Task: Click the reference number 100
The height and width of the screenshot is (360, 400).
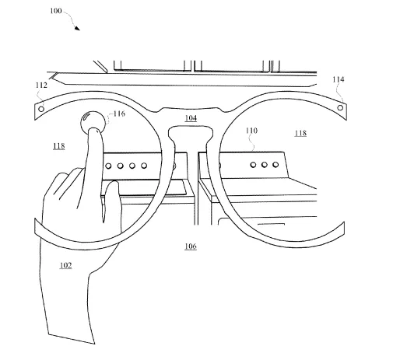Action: pos(56,11)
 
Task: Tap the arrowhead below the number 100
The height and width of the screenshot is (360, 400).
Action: pos(77,28)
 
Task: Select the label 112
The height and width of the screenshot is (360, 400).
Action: pos(41,86)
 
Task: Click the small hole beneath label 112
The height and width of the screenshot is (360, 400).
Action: pos(41,109)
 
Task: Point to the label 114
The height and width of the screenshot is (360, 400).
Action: pos(339,79)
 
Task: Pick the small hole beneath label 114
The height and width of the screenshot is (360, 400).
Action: pos(340,107)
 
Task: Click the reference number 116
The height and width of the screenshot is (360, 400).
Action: pos(119,114)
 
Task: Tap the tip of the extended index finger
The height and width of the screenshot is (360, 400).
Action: pos(94,129)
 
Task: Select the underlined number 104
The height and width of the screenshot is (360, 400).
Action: pos(191,118)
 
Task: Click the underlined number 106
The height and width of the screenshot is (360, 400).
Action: pos(191,246)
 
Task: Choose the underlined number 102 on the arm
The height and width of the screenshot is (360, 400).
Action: pos(65,265)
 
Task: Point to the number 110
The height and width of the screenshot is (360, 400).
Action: pos(251,131)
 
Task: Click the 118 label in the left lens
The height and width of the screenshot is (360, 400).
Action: pos(59,146)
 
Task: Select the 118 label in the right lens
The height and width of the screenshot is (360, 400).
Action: pos(300,133)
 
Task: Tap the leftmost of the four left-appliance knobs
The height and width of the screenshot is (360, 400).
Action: pos(108,166)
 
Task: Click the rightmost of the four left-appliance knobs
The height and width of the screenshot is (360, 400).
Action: pos(144,166)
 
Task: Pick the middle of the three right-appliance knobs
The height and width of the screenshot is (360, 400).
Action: pos(265,165)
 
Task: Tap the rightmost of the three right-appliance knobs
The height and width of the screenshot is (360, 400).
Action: pos(275,165)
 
